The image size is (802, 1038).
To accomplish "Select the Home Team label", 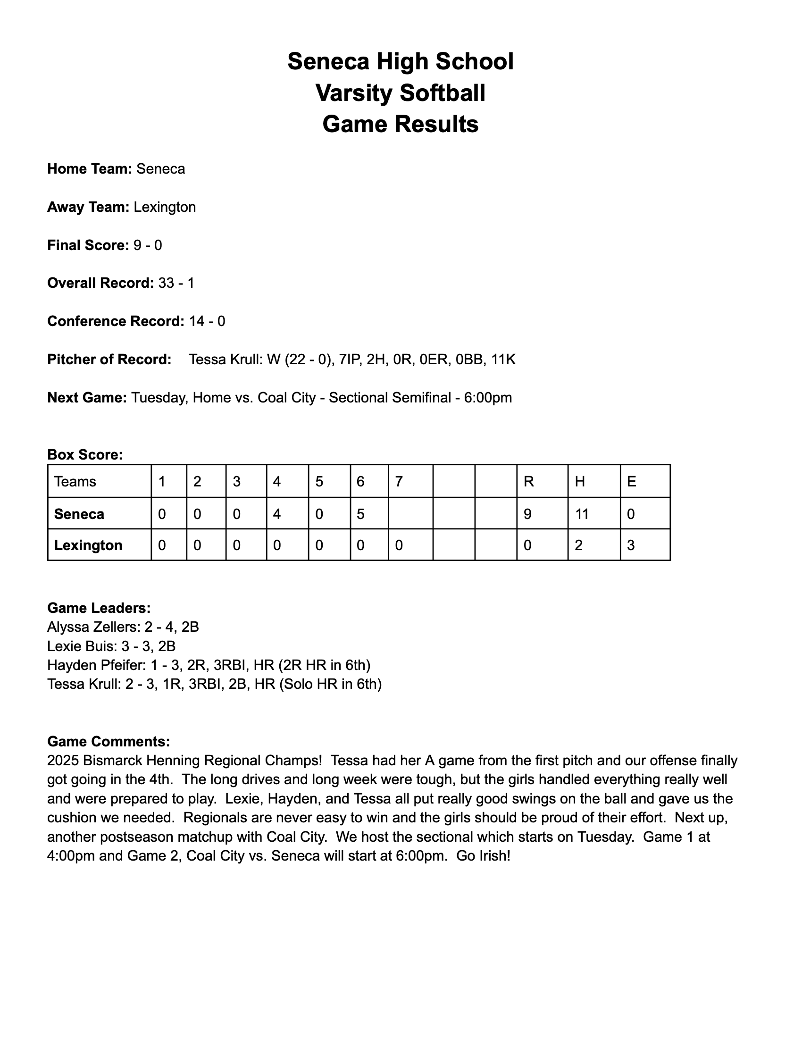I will [x=89, y=169].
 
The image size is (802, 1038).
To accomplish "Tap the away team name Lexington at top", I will [x=164, y=207].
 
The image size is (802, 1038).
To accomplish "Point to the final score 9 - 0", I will [x=147, y=245].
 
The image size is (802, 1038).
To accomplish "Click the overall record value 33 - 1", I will [x=176, y=283].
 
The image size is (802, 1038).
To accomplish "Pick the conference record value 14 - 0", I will [x=207, y=321].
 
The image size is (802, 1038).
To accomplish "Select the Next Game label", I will [x=87, y=397].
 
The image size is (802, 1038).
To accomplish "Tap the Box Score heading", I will [x=85, y=455].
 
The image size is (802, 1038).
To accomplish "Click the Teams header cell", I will [x=75, y=481].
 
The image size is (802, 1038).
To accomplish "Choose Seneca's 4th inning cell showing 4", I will [x=277, y=514].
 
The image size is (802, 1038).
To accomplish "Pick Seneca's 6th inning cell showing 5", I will [x=360, y=514].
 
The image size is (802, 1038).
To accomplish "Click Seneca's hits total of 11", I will [x=582, y=514].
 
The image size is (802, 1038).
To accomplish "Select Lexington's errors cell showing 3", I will [x=631, y=545].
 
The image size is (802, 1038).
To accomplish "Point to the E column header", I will [x=631, y=481].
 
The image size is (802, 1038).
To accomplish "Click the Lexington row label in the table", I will [x=88, y=545].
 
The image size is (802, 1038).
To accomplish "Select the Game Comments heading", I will [x=109, y=741].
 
